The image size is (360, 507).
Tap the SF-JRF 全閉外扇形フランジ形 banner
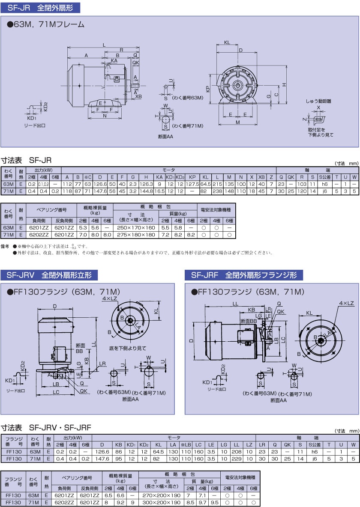(243, 275)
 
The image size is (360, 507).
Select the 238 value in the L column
(217, 191)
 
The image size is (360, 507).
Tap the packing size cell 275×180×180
(136, 235)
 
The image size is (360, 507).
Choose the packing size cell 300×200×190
(162, 502)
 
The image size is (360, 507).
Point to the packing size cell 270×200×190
(162, 495)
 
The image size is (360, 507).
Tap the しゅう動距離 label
(318, 101)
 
